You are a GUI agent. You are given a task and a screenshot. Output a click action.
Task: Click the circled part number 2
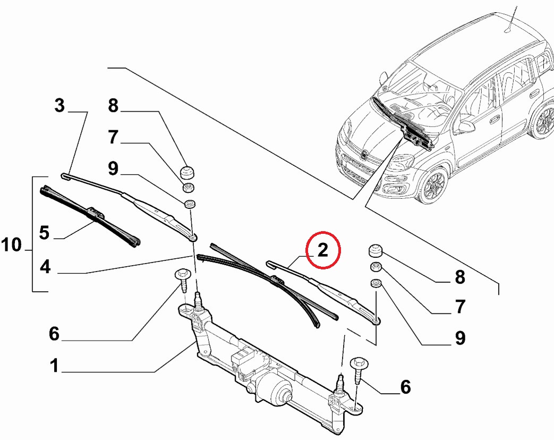(323, 250)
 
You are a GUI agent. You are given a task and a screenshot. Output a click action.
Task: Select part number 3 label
(59, 106)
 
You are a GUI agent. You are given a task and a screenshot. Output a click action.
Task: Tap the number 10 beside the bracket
(12, 246)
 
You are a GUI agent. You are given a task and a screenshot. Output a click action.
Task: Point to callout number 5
(45, 233)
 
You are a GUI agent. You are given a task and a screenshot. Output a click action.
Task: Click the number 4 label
(45, 267)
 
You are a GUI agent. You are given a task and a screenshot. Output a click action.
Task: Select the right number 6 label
(405, 387)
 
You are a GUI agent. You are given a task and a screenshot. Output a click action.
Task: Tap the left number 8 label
(113, 106)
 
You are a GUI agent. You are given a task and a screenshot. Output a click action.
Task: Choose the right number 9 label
(459, 338)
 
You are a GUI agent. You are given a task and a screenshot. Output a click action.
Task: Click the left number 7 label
(113, 138)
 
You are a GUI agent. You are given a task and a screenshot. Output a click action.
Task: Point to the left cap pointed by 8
(187, 173)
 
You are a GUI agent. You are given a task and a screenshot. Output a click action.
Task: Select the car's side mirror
(466, 126)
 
